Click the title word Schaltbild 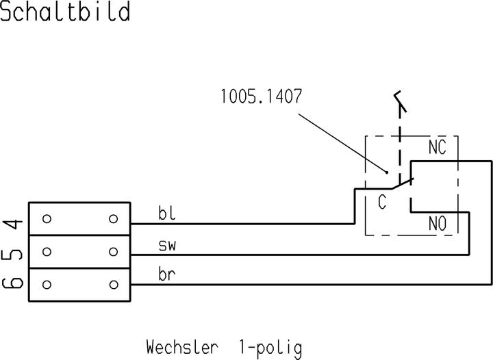pyautogui.click(x=65, y=12)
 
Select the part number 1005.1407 pyautogui.click(x=261, y=96)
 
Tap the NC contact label pyautogui.click(x=438, y=147)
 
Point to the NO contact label pyautogui.click(x=438, y=223)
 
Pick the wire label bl pyautogui.click(x=166, y=214)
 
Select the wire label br pyautogui.click(x=167, y=275)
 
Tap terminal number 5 pyautogui.click(x=14, y=253)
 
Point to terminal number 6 pyautogui.click(x=14, y=283)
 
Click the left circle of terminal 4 pyautogui.click(x=47, y=219)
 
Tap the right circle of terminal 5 pyautogui.click(x=113, y=251)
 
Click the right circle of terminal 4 pyautogui.click(x=113, y=219)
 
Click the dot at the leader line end pyautogui.click(x=388, y=172)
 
